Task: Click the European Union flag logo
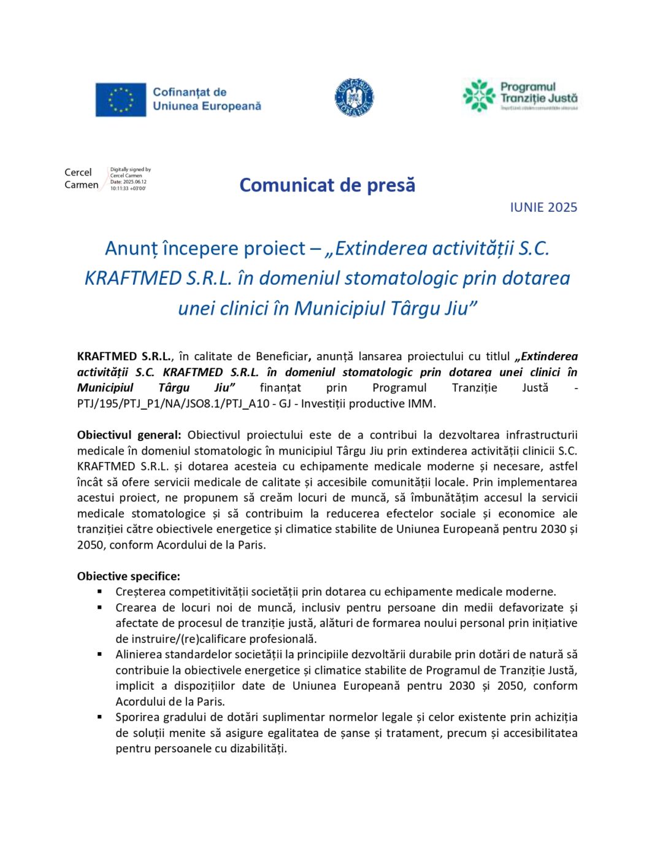[120, 99]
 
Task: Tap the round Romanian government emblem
[354, 97]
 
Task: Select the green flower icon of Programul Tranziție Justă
[478, 96]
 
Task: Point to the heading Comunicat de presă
[327, 185]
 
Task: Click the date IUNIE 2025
[543, 207]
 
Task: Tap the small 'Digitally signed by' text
[130, 169]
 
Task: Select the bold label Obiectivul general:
[129, 435]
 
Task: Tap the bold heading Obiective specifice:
[129, 576]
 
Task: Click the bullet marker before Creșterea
[99, 592]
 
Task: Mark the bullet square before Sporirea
[99, 717]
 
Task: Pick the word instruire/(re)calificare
[196, 639]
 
